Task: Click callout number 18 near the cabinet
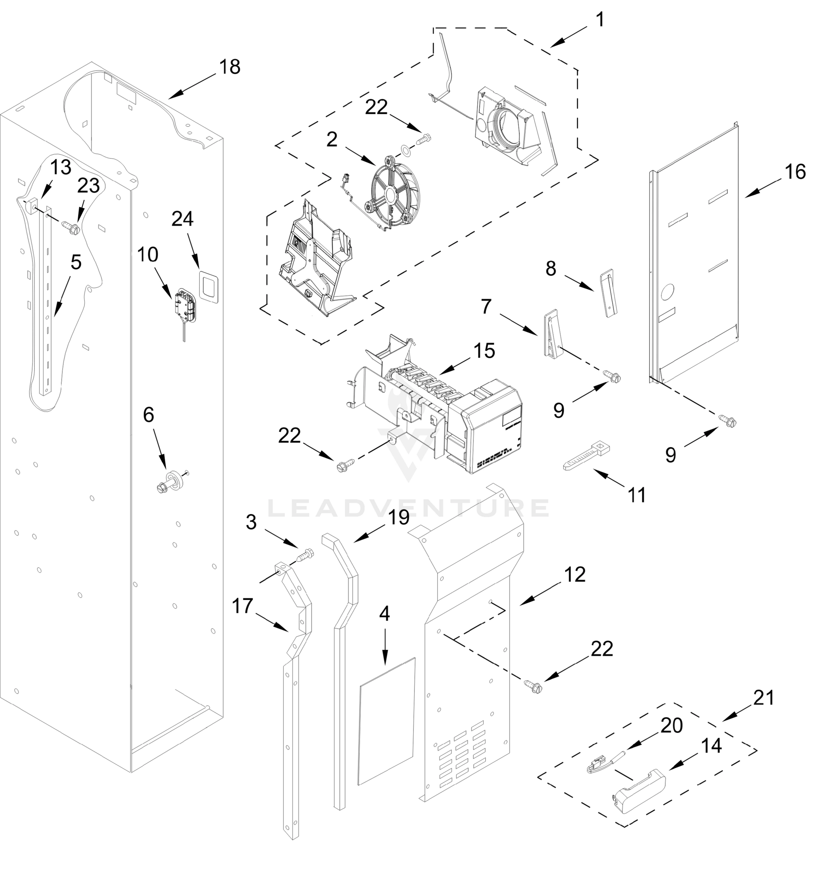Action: click(x=230, y=67)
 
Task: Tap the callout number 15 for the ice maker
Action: click(x=484, y=351)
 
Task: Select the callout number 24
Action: click(x=183, y=218)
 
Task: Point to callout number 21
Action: click(x=764, y=698)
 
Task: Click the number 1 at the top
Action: click(x=599, y=20)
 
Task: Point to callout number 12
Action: click(x=575, y=574)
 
